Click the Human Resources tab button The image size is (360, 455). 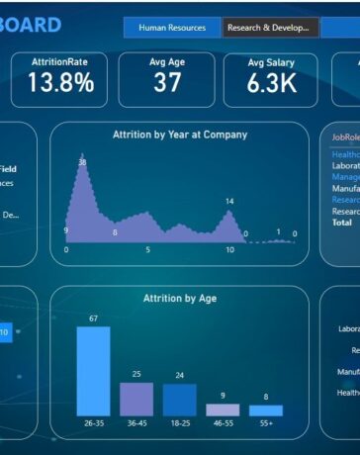click(172, 29)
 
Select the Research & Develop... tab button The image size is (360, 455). click(271, 29)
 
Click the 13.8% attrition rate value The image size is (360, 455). click(60, 83)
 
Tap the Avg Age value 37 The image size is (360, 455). click(167, 83)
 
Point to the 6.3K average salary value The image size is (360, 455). click(271, 84)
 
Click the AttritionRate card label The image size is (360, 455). click(59, 61)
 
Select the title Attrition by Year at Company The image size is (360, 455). click(179, 135)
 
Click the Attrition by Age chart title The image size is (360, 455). click(179, 298)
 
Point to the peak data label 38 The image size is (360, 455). click(82, 162)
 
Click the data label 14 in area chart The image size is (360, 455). click(229, 202)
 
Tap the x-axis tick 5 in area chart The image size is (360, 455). click(148, 250)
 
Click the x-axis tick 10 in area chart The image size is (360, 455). click(229, 250)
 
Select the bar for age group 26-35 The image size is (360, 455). click(93, 371)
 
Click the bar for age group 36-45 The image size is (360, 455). click(136, 399)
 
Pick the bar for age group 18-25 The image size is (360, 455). click(180, 400)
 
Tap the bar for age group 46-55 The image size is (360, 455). click(223, 409)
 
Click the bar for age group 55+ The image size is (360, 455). click(266, 410)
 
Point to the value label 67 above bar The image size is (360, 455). click(93, 318)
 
